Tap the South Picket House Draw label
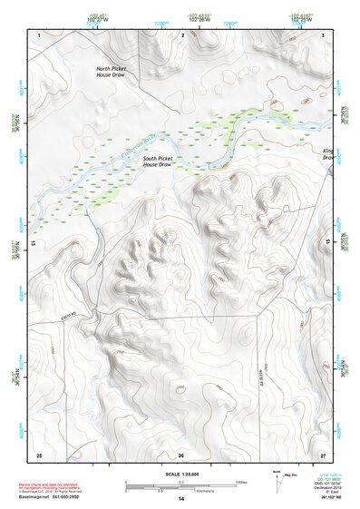(158, 162)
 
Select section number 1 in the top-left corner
(40, 34)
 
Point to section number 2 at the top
(182, 34)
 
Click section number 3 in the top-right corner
(323, 34)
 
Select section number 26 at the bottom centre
(181, 454)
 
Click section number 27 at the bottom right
(323, 454)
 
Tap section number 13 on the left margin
(34, 243)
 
